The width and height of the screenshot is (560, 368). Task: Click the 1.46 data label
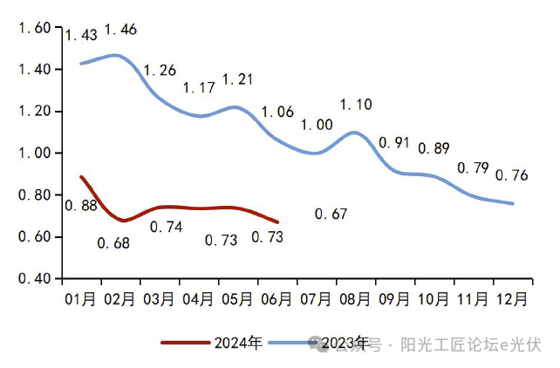click(120, 31)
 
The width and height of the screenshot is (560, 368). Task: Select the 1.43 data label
click(80, 36)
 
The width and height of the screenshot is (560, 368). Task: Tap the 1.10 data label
click(355, 105)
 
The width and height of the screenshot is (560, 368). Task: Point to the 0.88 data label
click(81, 206)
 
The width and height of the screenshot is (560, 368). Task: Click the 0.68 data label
click(113, 243)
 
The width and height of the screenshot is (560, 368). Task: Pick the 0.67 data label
click(331, 215)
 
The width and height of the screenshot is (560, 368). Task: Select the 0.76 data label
click(511, 175)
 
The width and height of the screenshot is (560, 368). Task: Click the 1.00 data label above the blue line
click(316, 126)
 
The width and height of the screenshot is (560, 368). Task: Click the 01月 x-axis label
click(80, 299)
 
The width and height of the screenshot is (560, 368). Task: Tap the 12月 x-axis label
click(511, 299)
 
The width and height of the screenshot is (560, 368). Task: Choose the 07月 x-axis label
click(316, 299)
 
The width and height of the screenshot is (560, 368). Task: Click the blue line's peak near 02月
click(116, 55)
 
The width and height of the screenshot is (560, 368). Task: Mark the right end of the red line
click(277, 221)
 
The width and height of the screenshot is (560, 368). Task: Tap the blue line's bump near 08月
click(353, 133)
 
